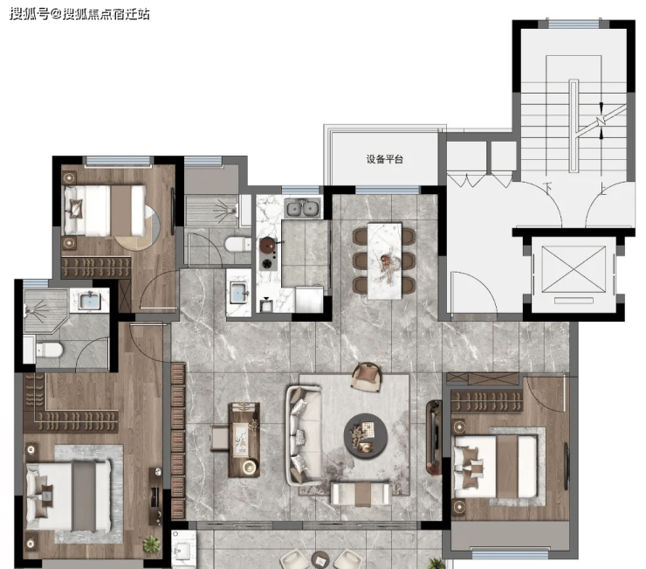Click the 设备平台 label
coord(384,159)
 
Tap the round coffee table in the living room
coord(366,436)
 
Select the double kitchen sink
coord(302,207)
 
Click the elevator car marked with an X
coord(574,269)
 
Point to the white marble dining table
coord(384,260)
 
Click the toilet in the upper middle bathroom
coord(237,244)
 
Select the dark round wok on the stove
coord(268,246)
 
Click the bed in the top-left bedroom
coord(104,211)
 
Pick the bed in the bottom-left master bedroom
coord(68,496)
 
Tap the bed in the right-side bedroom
coord(495,466)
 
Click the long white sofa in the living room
coord(304,435)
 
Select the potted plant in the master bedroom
coord(152,545)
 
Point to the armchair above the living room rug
coord(367,376)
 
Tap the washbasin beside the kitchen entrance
coord(238,293)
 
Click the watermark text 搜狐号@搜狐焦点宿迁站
coord(79,14)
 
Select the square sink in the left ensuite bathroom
coord(90,301)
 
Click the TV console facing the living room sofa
coord(433,437)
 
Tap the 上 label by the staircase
coord(603,190)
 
